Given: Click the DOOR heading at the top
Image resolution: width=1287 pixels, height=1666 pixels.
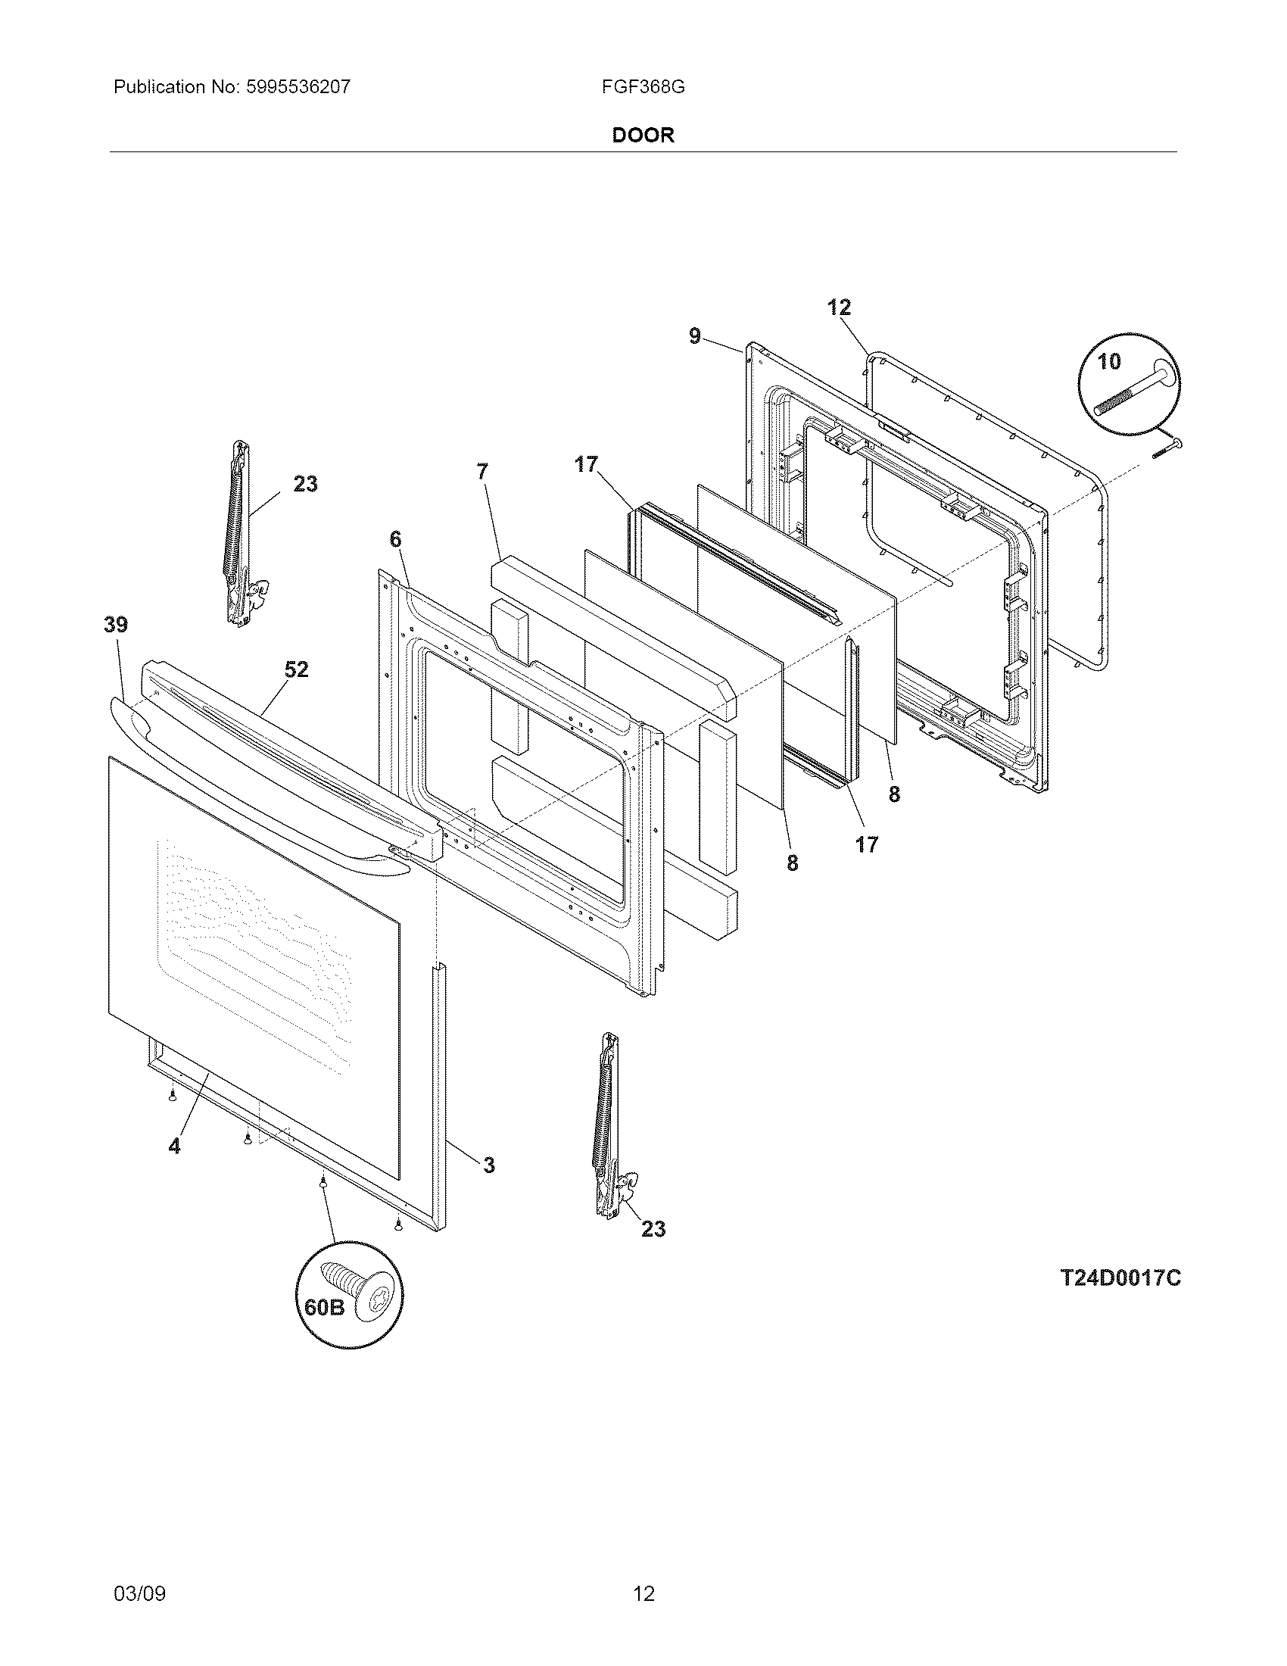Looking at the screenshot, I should [x=643, y=136].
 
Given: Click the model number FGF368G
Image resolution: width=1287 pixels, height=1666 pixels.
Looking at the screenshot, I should [x=643, y=87].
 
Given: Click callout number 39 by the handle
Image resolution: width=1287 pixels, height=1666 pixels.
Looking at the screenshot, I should [x=116, y=625].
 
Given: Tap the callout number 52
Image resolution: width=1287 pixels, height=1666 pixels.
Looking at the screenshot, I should [x=297, y=669].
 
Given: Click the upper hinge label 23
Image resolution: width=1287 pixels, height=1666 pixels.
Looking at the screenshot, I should [x=305, y=484].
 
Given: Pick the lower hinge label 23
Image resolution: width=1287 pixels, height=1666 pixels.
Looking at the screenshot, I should [x=653, y=1228].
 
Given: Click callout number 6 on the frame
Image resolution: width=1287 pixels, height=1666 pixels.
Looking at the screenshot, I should [x=394, y=539].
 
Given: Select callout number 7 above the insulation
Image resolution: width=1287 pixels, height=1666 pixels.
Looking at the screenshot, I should [x=481, y=471].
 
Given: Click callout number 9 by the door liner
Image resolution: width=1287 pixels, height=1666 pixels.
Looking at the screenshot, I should [x=694, y=335].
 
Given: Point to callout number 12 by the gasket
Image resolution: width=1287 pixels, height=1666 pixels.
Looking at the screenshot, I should [x=839, y=307].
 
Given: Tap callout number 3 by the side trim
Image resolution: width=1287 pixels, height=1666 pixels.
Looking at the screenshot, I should [x=489, y=1165].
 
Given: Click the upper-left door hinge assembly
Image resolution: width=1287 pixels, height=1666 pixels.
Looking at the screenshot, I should [x=242, y=534].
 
